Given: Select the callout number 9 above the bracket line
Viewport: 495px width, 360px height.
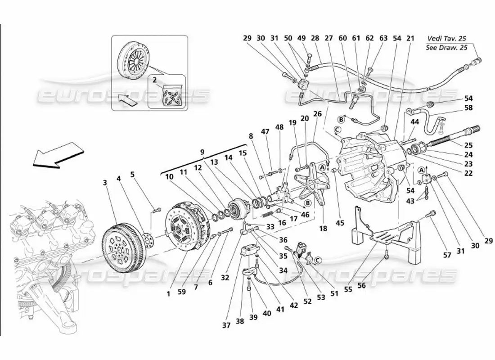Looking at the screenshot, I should [x=202, y=152].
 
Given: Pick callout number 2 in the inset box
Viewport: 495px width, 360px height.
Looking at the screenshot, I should [x=154, y=80].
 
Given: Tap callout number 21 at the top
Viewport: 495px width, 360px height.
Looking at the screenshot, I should [x=410, y=39].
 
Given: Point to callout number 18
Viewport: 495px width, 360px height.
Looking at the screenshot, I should [x=323, y=229].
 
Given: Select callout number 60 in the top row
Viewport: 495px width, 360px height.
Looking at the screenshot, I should [x=343, y=39].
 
